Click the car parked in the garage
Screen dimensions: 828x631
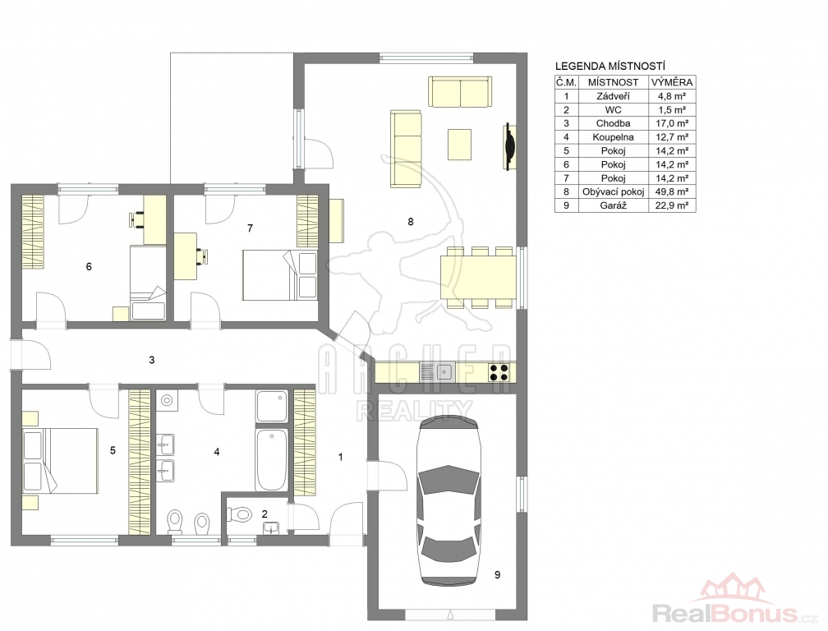448,500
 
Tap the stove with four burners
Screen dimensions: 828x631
499,372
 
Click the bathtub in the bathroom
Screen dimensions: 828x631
271,459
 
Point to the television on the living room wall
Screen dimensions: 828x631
509,147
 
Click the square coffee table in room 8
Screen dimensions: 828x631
459,144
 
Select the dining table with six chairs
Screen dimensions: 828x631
478,277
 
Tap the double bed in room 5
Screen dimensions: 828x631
60,460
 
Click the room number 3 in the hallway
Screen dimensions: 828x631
151,360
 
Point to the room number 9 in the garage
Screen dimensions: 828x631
498,574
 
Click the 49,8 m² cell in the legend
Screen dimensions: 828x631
672,191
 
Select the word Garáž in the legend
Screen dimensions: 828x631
613,205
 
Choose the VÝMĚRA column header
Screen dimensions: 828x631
672,82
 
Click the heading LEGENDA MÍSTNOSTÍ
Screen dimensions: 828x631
609,67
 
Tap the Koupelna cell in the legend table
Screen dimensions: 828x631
613,136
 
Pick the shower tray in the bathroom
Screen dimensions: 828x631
271,406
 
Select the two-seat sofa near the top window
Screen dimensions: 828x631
460,92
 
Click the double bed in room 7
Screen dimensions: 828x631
279,275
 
